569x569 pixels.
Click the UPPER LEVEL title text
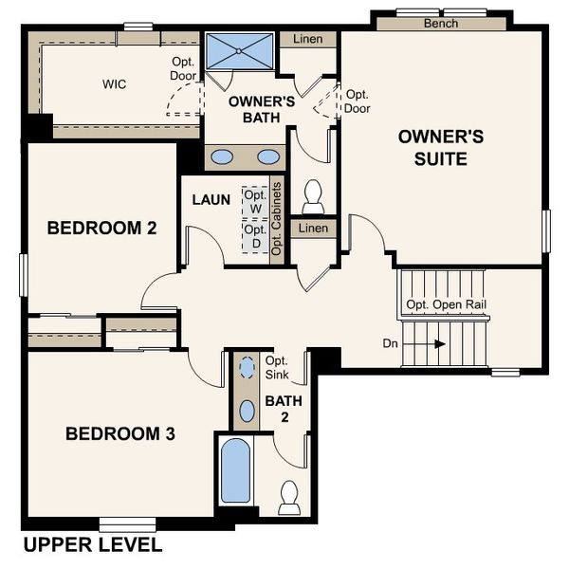point(92,545)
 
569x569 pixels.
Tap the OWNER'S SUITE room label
point(440,147)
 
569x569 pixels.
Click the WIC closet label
point(115,83)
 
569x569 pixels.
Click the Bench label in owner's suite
point(441,23)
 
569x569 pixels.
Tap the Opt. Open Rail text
point(445,305)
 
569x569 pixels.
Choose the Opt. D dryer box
point(254,236)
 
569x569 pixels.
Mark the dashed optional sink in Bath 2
point(248,367)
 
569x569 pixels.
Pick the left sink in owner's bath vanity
point(224,156)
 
